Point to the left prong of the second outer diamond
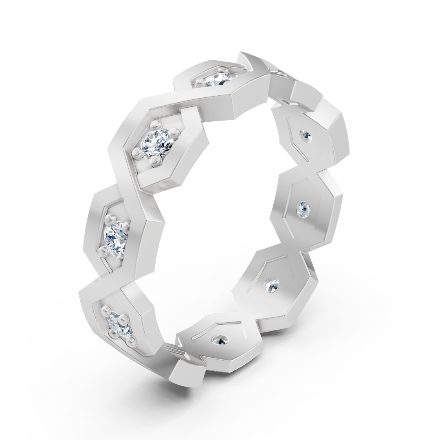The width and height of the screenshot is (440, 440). [137, 154]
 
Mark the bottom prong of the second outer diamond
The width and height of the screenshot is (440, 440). [155, 161]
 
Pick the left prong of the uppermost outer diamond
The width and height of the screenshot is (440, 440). [199, 84]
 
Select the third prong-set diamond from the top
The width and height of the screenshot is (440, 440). [116, 236]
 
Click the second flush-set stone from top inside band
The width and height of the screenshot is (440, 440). [305, 209]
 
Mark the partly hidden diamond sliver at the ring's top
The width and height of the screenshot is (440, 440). [279, 73]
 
